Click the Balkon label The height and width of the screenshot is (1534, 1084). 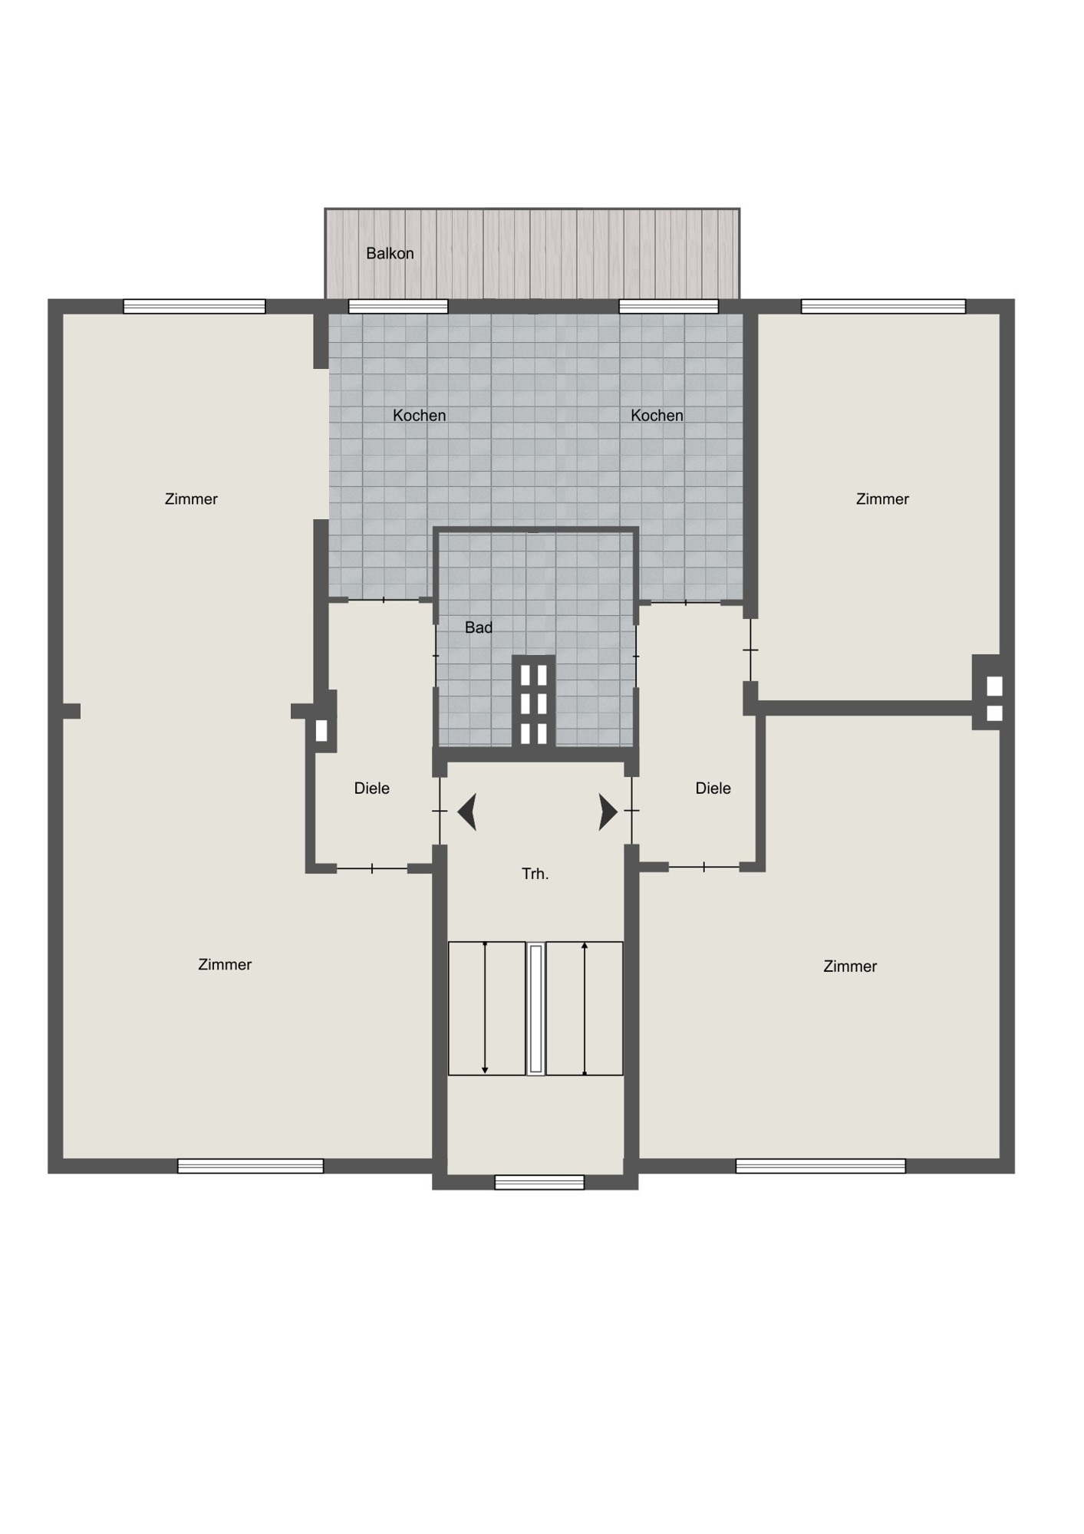[x=390, y=253]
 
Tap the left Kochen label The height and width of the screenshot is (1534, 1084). [x=419, y=415]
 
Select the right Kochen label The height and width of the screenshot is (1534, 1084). [x=657, y=415]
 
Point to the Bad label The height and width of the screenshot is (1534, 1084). [x=479, y=627]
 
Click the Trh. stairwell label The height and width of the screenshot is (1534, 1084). [x=535, y=874]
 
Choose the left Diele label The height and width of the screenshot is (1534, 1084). [x=372, y=788]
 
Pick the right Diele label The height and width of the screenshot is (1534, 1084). [x=713, y=788]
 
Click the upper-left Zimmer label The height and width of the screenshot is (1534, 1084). [x=191, y=499]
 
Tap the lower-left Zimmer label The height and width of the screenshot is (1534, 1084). [x=225, y=964]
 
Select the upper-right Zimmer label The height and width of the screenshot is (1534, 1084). [x=882, y=499]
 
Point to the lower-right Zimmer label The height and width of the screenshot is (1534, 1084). [x=850, y=966]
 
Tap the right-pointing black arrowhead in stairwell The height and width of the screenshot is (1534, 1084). [x=608, y=812]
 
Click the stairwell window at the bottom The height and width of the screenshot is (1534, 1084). [x=539, y=1182]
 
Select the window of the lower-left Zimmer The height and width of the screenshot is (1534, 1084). [x=251, y=1166]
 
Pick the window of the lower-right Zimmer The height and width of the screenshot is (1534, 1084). [x=820, y=1166]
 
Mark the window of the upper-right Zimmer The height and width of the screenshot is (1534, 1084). [x=883, y=306]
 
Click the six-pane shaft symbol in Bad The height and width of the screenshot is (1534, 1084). [x=533, y=700]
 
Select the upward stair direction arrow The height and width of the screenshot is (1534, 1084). [x=585, y=1008]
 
